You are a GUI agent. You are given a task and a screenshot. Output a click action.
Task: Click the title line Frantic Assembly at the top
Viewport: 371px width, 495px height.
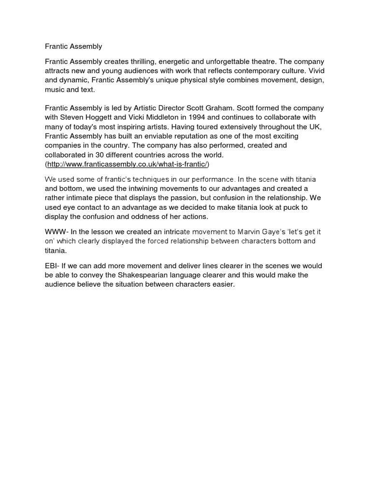click(x=73, y=47)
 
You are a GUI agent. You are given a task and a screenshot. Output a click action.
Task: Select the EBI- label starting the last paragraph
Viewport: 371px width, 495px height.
click(x=53, y=266)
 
